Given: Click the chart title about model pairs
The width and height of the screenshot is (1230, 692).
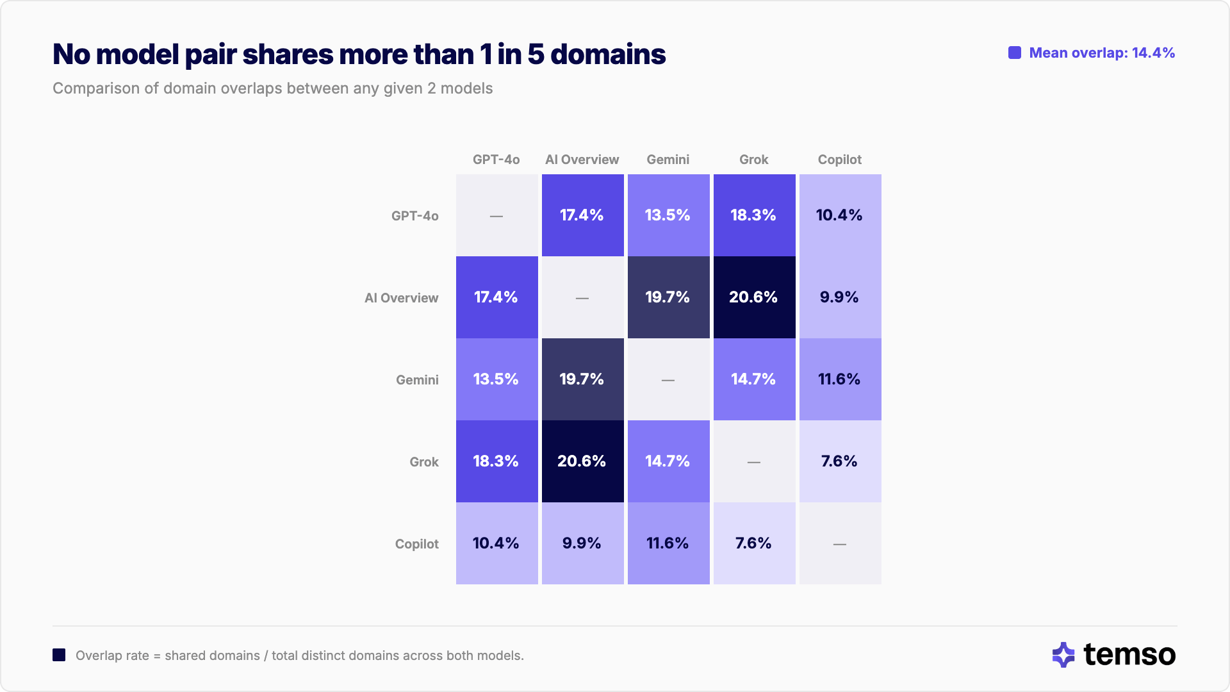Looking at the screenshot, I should coord(359,54).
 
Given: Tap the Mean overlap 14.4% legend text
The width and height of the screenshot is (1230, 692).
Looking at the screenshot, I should coord(1101,53).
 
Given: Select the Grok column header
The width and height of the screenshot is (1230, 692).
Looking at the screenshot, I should coord(753,160).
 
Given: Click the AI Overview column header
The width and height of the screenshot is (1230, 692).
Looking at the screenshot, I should coord(582,160).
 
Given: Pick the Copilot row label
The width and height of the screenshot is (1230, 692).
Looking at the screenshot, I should coord(416,544).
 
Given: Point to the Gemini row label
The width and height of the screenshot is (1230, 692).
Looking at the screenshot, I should coord(417,380).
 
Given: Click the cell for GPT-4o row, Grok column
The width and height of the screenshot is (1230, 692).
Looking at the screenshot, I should coord(754,215).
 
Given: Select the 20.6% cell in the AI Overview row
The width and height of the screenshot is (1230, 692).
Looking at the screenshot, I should coord(754,297).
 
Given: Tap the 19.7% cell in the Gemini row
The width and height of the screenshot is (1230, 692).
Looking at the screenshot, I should coord(582,379).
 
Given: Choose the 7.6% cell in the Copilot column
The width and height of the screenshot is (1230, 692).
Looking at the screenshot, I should coord(840,461).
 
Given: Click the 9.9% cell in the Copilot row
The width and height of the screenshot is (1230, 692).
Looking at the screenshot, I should coord(582,543).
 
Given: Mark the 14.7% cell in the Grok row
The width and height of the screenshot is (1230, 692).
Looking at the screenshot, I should coord(668,461).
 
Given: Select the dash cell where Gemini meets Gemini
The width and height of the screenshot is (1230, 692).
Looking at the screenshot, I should coord(668,379).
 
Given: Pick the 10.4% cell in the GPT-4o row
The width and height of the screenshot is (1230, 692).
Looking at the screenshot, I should coord(840,215).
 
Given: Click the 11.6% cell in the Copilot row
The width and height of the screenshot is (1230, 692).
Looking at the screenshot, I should coord(668,543).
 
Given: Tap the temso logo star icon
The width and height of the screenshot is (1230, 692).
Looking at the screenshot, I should coord(1063,655).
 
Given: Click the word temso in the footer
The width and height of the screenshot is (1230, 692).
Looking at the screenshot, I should coord(1129,655).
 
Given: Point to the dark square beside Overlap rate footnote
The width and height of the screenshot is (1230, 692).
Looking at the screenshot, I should coord(59,655).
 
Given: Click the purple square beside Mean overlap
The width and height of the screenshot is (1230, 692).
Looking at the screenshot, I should coord(1015,53).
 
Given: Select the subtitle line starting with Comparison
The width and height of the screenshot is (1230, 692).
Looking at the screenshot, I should coord(272,88).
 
